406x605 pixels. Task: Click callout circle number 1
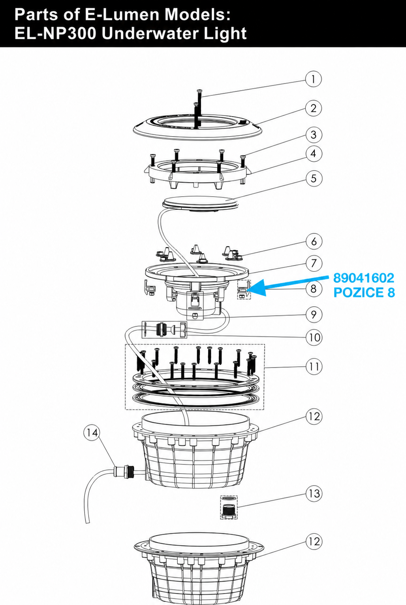point(313,79)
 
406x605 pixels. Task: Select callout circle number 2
point(314,108)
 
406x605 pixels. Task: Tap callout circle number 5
point(314,178)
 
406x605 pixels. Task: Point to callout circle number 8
point(314,289)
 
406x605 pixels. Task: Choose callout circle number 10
point(314,338)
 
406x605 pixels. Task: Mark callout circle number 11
point(314,366)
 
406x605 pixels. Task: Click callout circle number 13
point(314,493)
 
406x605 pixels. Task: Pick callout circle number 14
point(92,433)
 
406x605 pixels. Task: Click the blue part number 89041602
point(364,278)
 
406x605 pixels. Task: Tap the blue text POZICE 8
point(364,292)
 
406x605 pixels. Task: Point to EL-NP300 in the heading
point(55,34)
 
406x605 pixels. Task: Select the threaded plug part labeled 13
point(229,507)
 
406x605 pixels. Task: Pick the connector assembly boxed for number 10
point(164,330)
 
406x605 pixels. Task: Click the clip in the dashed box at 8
point(244,290)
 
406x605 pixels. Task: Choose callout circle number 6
point(314,241)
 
